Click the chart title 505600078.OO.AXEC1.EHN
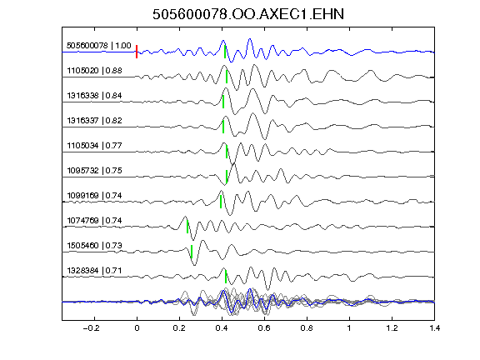(x=248, y=14)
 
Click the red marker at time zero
(x=137, y=52)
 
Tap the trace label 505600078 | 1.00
(x=99, y=46)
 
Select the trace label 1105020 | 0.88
(x=95, y=71)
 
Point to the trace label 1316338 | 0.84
(x=95, y=96)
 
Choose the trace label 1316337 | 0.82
(x=95, y=121)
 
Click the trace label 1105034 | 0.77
(x=95, y=145)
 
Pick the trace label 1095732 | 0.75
(x=95, y=171)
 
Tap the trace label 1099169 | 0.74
(x=95, y=196)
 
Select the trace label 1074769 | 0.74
(x=95, y=221)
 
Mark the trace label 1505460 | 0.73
(x=95, y=246)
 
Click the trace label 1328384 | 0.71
(x=95, y=271)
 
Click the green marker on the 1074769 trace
(x=187, y=227)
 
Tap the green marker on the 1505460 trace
(x=192, y=252)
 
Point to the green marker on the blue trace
(x=225, y=52)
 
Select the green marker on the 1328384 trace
(x=226, y=277)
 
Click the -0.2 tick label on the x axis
(x=91, y=328)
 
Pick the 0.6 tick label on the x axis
(x=264, y=328)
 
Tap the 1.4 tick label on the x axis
(x=435, y=328)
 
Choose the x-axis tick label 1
(x=349, y=328)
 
